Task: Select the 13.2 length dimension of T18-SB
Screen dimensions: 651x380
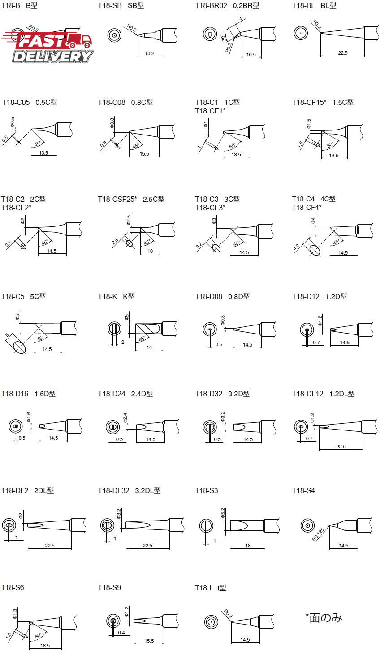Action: [x=149, y=53]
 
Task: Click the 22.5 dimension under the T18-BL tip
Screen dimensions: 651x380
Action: [x=343, y=53]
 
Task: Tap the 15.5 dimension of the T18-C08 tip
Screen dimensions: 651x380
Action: [x=144, y=154]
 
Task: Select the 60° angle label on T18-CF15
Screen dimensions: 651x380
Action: [x=331, y=145]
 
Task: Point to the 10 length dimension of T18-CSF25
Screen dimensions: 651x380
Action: [x=150, y=251]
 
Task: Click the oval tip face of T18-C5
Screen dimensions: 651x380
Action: [x=19, y=347]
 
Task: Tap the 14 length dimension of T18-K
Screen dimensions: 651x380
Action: [x=149, y=347]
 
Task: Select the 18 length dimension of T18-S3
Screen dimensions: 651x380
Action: [x=248, y=546]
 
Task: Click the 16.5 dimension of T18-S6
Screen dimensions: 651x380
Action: [x=45, y=646]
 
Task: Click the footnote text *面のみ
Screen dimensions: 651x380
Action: [x=324, y=618]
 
